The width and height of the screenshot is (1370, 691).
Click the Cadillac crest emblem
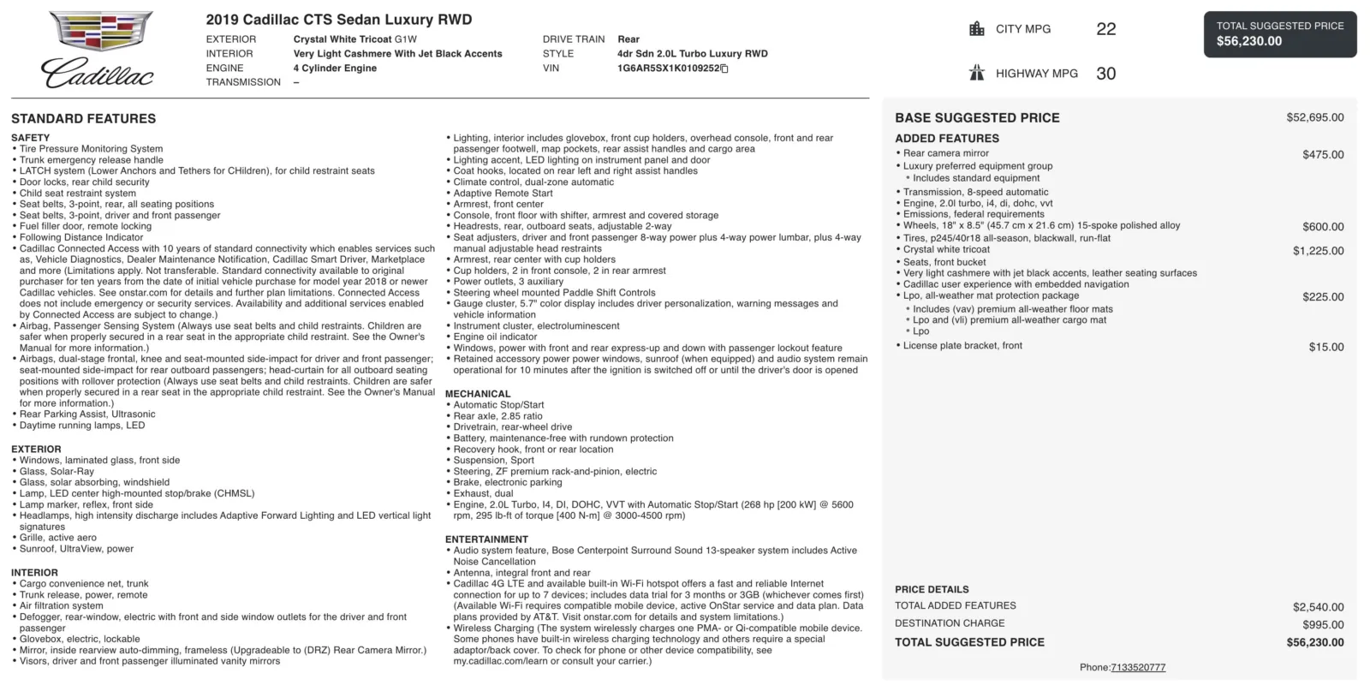[x=101, y=32]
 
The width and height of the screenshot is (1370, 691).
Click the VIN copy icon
[x=724, y=69]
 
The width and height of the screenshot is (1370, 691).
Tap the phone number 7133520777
[x=1138, y=668]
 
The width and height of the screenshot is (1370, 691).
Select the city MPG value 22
[x=1105, y=29]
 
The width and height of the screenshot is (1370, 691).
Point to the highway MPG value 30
[x=1105, y=74]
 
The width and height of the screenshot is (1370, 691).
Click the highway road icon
[x=977, y=73]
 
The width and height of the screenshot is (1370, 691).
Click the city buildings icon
[x=977, y=29]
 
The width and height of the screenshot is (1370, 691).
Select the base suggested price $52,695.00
[x=1314, y=117]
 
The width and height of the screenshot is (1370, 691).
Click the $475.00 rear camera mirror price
[x=1323, y=155]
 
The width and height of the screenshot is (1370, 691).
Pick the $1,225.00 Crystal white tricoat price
[x=1318, y=251]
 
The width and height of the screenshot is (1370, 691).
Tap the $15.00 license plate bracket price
[x=1325, y=347]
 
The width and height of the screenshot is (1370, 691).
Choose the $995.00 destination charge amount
[x=1323, y=625]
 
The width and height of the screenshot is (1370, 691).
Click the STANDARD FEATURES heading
[x=83, y=119]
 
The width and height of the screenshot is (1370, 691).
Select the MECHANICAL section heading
[x=477, y=394]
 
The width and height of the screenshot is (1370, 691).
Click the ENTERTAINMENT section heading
[x=486, y=539]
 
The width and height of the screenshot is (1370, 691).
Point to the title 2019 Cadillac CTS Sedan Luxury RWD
[x=338, y=20]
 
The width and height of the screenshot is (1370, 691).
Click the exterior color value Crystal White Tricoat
[x=342, y=39]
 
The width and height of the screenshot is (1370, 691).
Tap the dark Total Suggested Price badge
[x=1279, y=33]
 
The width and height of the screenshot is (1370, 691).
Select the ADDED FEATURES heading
[x=946, y=139]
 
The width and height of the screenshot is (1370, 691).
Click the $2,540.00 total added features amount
[x=1318, y=607]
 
